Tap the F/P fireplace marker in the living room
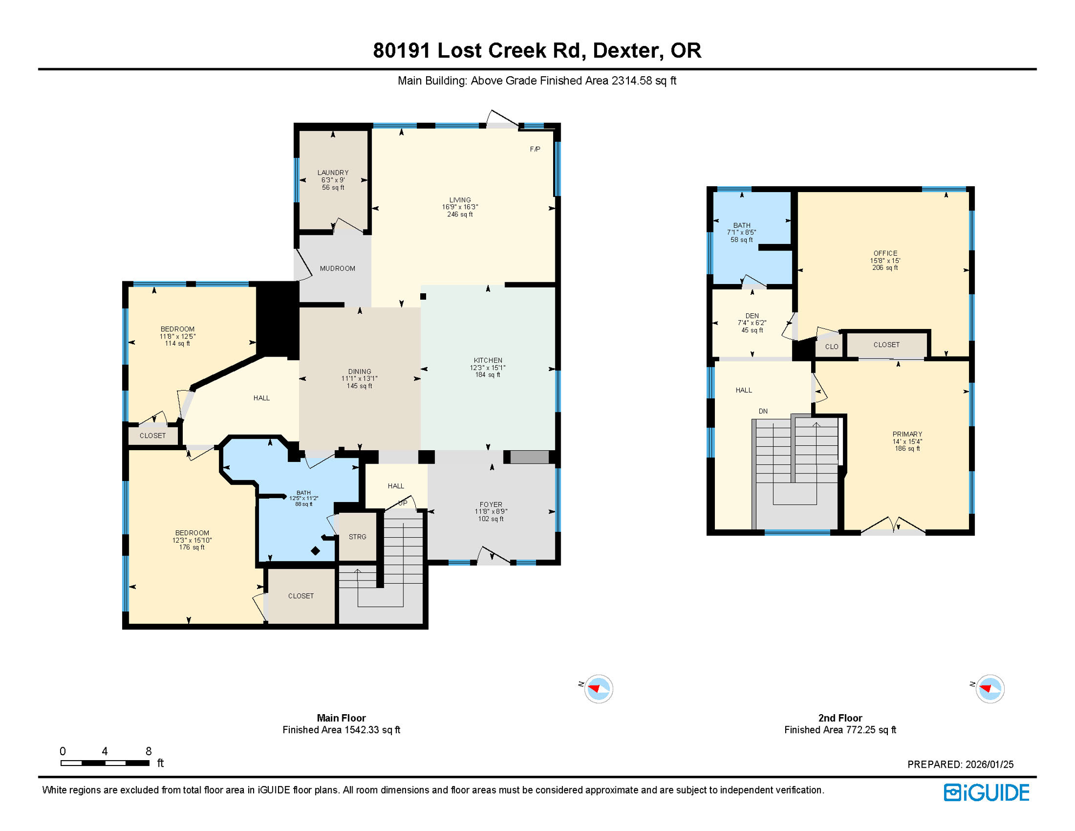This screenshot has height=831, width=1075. click(535, 149)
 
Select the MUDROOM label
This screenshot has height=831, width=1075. click(337, 268)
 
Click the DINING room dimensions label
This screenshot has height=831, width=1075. click(359, 379)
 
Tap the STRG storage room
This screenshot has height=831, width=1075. click(357, 537)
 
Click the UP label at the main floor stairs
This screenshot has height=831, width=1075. click(403, 503)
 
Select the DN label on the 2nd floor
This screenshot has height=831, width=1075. click(763, 411)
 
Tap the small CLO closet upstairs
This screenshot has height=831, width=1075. click(832, 347)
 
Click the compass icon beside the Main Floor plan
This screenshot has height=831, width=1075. click(598, 689)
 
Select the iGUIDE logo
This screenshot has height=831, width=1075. click(986, 793)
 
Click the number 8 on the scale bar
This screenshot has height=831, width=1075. click(149, 751)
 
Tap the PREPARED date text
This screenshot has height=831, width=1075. click(960, 764)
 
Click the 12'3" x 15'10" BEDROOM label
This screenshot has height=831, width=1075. click(192, 540)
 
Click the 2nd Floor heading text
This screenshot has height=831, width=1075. click(840, 718)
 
